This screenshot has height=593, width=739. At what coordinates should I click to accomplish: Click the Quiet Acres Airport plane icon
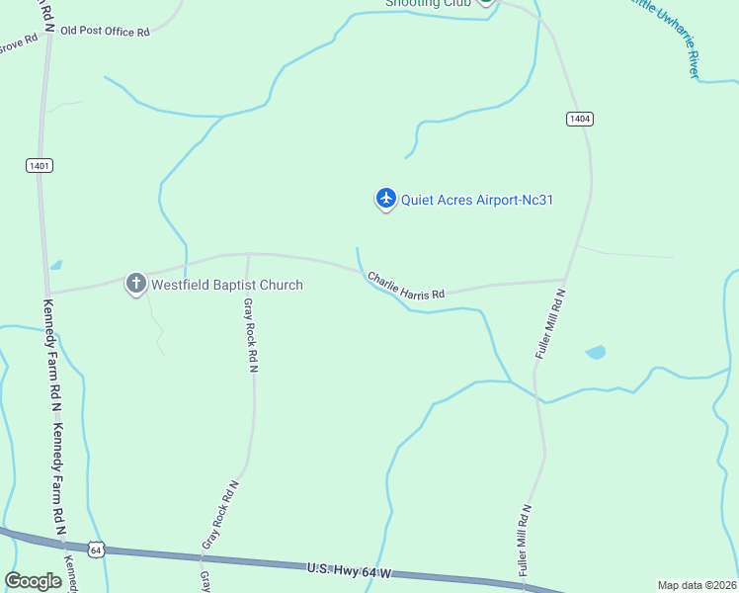pyautogui.click(x=385, y=200)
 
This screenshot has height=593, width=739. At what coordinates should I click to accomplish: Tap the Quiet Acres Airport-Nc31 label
pyautogui.click(x=477, y=200)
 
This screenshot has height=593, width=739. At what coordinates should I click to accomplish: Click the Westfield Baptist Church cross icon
pyautogui.click(x=136, y=284)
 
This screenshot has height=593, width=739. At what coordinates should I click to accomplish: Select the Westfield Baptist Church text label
pyautogui.click(x=226, y=285)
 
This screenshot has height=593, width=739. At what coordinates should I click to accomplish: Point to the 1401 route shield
pyautogui.click(x=40, y=166)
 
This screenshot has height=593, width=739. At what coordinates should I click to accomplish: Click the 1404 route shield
pyautogui.click(x=579, y=119)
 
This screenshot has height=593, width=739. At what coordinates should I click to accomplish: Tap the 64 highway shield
pyautogui.click(x=95, y=549)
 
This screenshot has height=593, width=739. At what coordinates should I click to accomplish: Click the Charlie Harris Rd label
pyautogui.click(x=406, y=287)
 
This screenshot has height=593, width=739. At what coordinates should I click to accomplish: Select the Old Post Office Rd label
pyautogui.click(x=105, y=32)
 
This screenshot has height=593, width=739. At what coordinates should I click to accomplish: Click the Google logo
pyautogui.click(x=34, y=581)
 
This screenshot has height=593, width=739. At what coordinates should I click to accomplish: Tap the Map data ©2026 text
pyautogui.click(x=697, y=585)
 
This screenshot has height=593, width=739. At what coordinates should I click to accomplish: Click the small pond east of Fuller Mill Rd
pyautogui.click(x=595, y=352)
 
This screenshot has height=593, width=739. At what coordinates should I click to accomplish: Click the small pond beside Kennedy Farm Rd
pyautogui.click(x=56, y=266)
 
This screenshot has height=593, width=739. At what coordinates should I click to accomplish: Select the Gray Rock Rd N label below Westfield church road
pyautogui.click(x=252, y=335)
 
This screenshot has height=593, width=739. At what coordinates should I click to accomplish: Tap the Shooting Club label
pyautogui.click(x=426, y=3)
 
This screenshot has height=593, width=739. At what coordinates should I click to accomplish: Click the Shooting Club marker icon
pyautogui.click(x=485, y=2)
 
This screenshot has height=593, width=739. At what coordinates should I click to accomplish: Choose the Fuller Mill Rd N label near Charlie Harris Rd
pyautogui.click(x=550, y=323)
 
